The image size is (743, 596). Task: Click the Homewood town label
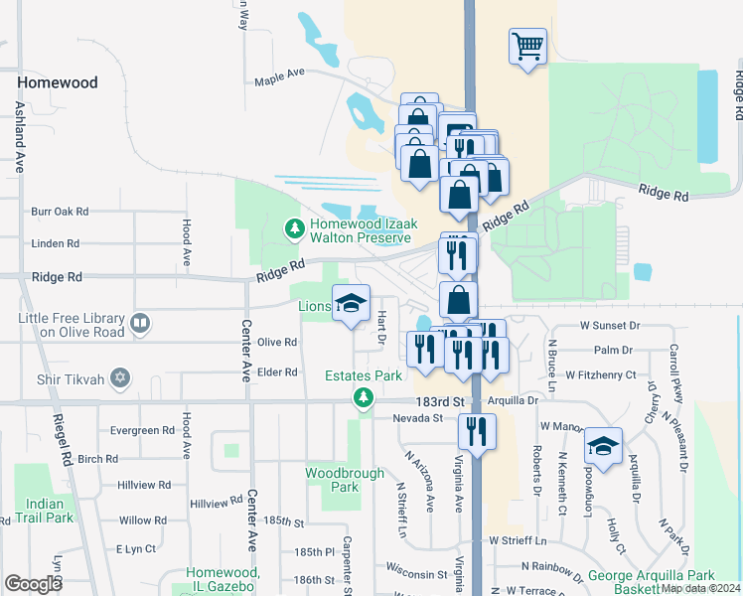pyautogui.click(x=58, y=82)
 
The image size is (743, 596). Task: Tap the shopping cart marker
pyautogui.click(x=527, y=46)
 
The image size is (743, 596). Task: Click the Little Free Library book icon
pyautogui.click(x=141, y=324)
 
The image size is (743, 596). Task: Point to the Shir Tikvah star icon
pyautogui.click(x=120, y=377)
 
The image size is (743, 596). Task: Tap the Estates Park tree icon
pyautogui.click(x=364, y=397)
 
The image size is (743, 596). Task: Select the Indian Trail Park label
pyautogui.click(x=46, y=511)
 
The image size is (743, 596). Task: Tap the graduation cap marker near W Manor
pyautogui.click(x=602, y=445)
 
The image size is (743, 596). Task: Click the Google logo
pyautogui.click(x=33, y=584)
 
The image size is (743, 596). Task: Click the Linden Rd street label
pyautogui.click(x=55, y=243)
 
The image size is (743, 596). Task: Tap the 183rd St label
pyautogui.click(x=444, y=400)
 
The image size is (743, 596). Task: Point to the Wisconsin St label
pyautogui.click(x=418, y=574)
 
